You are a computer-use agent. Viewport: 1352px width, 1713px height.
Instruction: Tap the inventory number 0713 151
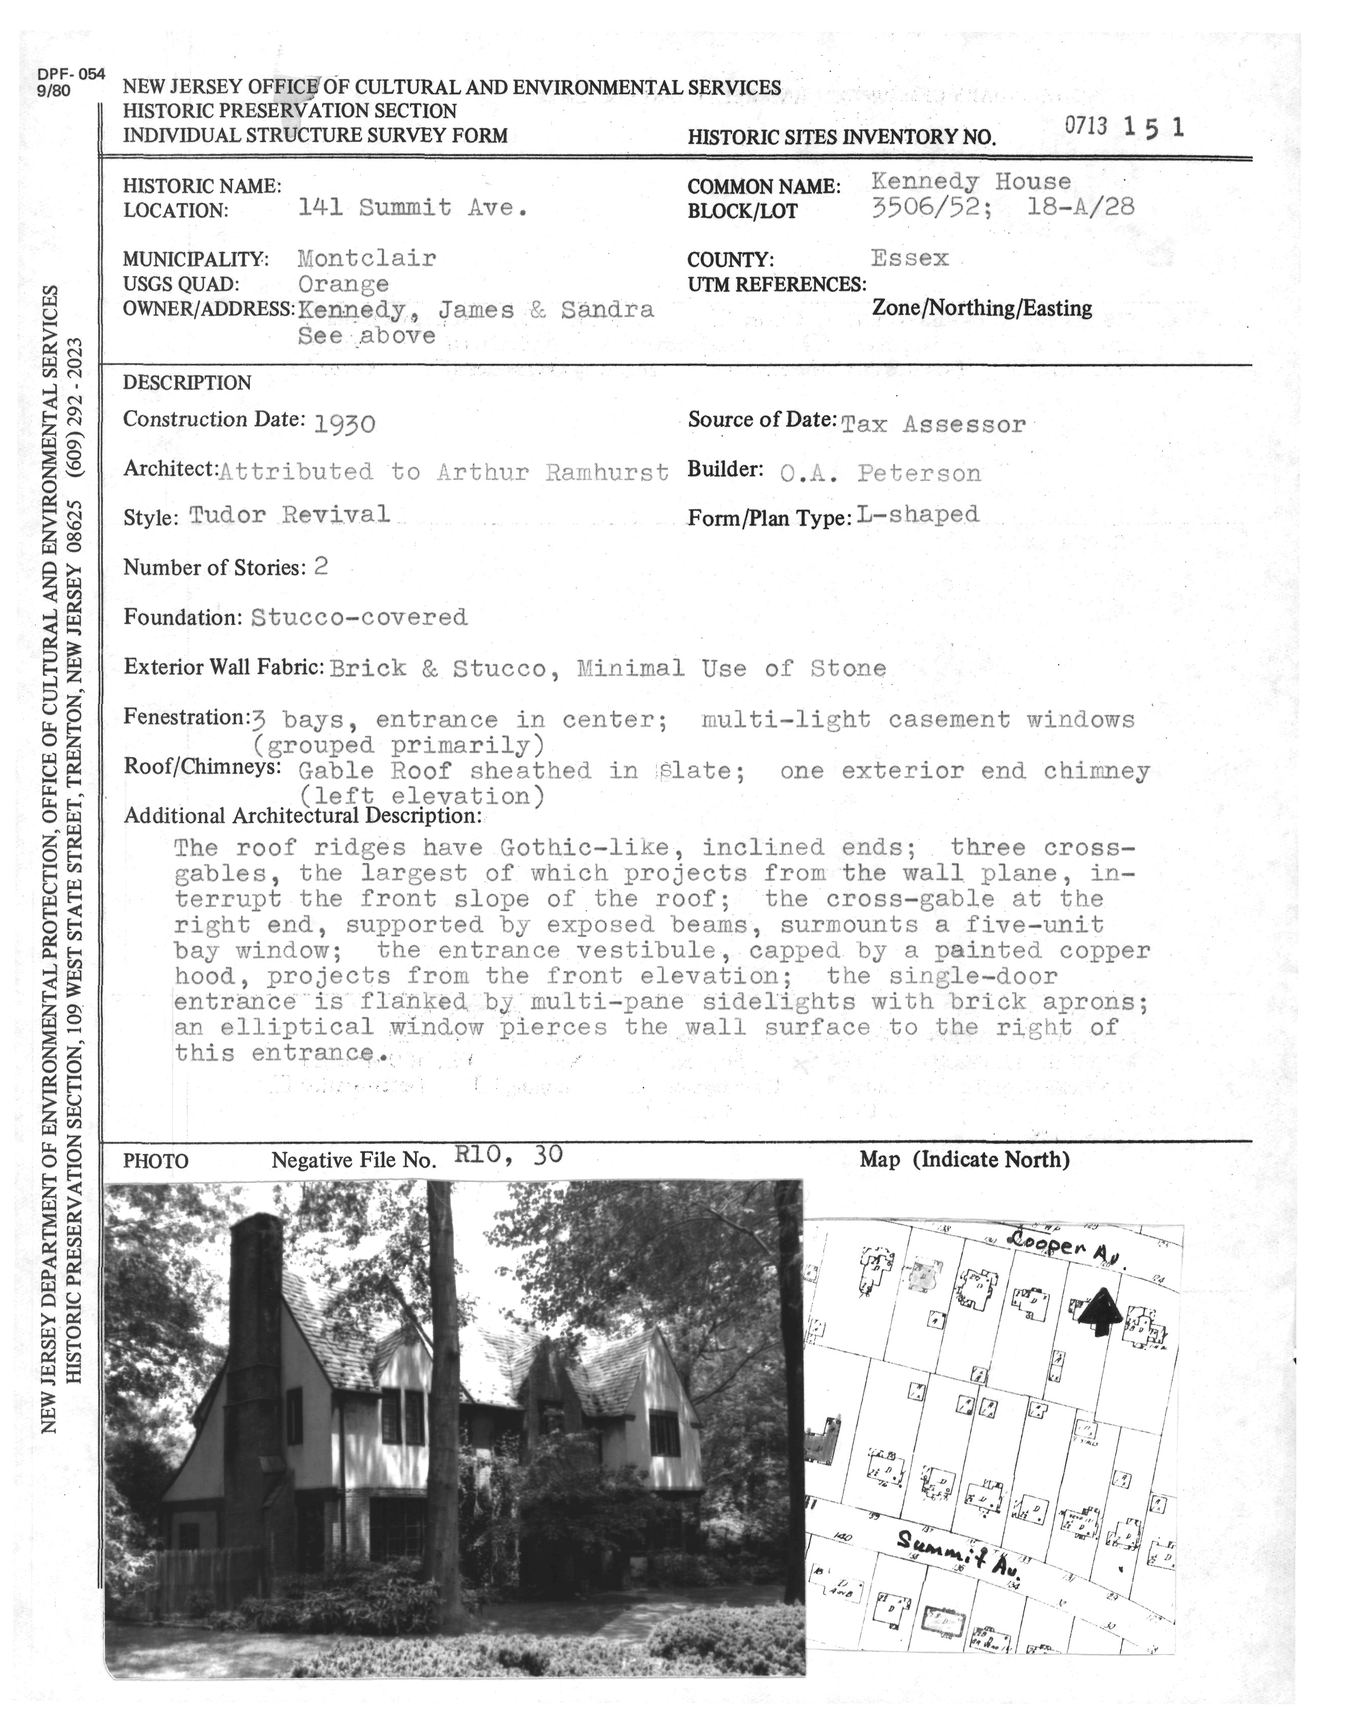(x=1124, y=127)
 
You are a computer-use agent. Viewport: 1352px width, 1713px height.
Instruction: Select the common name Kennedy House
(x=971, y=181)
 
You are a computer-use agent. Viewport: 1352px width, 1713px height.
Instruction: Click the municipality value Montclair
(x=366, y=258)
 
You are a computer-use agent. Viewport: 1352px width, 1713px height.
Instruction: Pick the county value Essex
(x=910, y=258)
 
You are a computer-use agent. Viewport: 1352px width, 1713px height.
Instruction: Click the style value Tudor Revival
(x=290, y=514)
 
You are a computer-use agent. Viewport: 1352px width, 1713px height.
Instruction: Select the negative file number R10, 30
(x=508, y=1155)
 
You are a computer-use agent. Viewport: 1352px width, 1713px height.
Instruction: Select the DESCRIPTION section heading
(x=187, y=383)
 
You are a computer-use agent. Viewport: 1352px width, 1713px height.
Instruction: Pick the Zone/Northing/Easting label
(x=982, y=308)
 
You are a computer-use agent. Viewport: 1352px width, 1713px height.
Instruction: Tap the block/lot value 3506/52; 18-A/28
(x=1003, y=207)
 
